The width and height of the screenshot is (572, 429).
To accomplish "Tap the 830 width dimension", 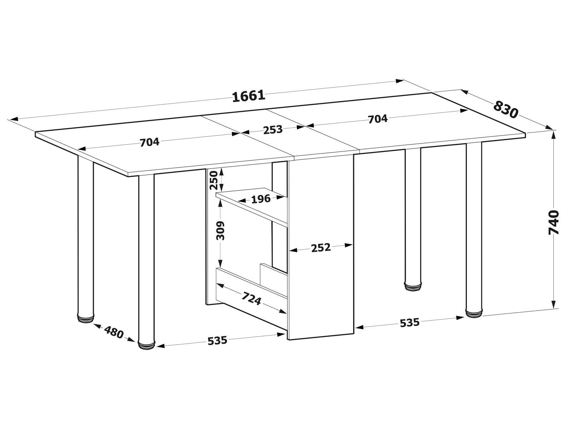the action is (506, 109).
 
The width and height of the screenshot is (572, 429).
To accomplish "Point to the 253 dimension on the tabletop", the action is (273, 130).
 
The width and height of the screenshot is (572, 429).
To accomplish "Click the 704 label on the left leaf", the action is (149, 142).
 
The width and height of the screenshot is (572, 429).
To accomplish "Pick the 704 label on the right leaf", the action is (378, 119).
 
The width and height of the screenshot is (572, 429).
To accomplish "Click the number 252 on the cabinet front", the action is (321, 248).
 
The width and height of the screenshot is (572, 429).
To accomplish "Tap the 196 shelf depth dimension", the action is (261, 199).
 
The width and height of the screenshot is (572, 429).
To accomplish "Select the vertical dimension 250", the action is (214, 180).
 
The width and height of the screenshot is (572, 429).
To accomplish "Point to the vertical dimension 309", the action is (221, 231).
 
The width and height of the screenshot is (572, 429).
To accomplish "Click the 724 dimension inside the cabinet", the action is (251, 298).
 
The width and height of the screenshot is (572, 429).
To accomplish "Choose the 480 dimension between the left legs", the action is (114, 332).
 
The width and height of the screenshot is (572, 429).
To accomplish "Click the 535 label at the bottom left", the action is (217, 340).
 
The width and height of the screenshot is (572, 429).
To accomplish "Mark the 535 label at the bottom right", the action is (410, 323).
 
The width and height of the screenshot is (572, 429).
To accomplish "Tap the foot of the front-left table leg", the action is (147, 345).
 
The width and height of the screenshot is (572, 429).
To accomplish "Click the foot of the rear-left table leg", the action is (85, 319).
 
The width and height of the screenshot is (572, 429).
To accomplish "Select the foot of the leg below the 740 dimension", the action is (474, 313).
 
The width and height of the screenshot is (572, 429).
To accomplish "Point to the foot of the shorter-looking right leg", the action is (413, 286).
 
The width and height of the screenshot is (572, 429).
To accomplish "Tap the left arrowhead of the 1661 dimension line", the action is (14, 119).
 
